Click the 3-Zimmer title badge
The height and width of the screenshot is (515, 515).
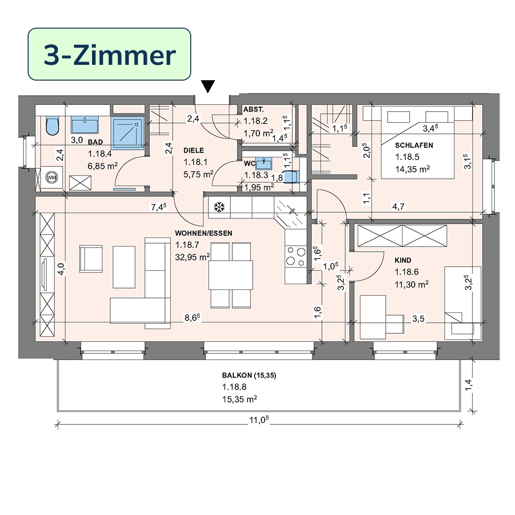(x=109, y=54)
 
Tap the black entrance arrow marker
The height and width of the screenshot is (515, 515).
(x=208, y=87)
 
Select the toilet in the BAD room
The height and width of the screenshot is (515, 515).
(x=52, y=126)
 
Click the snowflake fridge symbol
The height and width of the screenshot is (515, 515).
(x=219, y=207)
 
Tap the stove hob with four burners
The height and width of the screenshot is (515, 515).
(x=296, y=256)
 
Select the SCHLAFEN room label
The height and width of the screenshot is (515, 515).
(x=414, y=145)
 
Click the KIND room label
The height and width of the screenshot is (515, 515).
(x=402, y=260)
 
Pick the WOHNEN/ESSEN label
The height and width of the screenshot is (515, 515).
(x=203, y=233)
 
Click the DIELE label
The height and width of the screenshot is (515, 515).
(x=194, y=150)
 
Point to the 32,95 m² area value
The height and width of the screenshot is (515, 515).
(x=193, y=257)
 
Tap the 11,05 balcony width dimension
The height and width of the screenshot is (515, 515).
(x=259, y=420)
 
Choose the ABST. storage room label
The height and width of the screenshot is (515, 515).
(x=253, y=109)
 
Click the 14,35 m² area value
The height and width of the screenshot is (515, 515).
(x=412, y=169)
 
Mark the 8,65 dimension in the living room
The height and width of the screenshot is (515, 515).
(x=192, y=318)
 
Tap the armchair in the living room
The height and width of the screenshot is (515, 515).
(x=91, y=259)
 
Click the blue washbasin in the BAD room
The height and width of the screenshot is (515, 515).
(x=85, y=125)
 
